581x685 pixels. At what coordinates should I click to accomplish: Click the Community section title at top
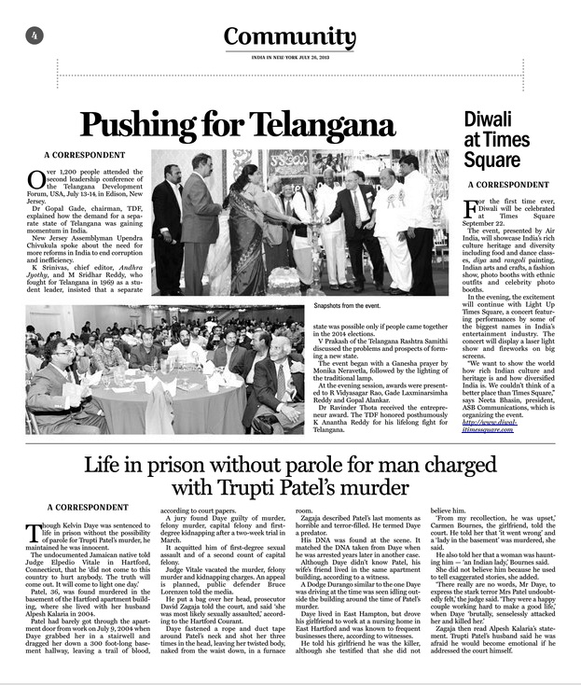[289, 37]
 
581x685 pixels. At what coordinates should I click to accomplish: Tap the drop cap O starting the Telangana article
[36, 178]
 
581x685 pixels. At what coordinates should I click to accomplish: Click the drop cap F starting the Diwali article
[474, 206]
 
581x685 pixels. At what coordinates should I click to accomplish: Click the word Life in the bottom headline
[110, 464]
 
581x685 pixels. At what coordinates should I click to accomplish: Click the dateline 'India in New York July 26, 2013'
[289, 57]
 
